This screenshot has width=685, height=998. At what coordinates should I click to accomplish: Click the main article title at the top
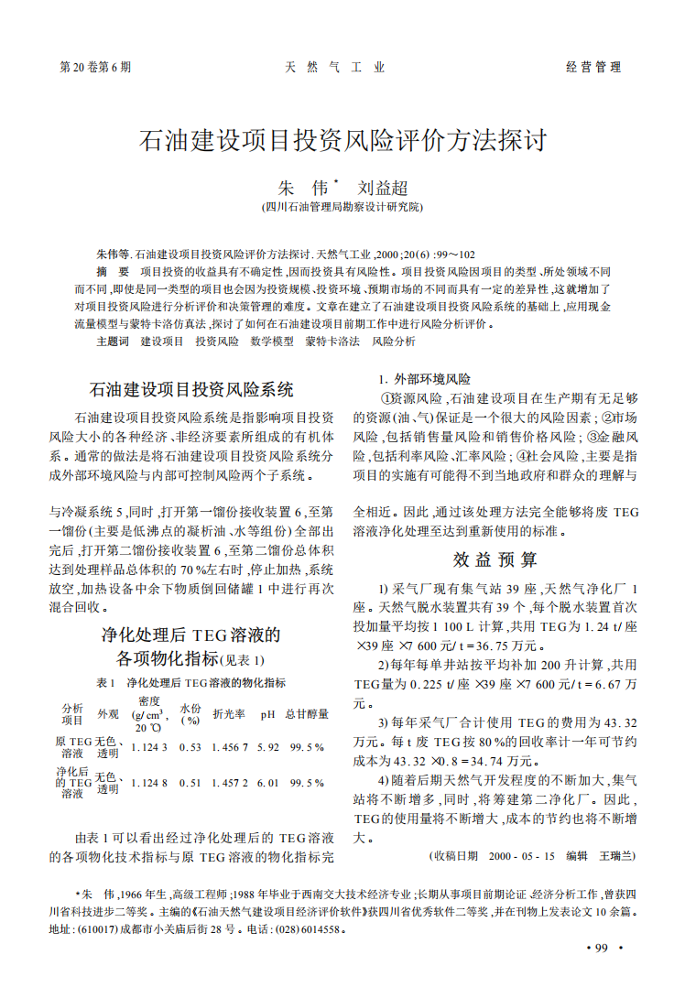coord(342,140)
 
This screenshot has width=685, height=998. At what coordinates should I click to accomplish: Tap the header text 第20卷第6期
coord(95,67)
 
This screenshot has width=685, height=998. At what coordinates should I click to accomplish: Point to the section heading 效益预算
coord(495,559)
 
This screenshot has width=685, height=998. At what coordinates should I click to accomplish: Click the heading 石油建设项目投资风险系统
coord(190,387)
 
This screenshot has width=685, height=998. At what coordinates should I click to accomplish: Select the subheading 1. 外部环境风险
coord(425,378)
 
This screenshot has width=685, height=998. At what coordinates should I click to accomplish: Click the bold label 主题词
coord(112,341)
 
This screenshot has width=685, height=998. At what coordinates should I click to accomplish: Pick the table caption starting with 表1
coord(190,682)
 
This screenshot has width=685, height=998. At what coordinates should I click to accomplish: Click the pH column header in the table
coord(267,714)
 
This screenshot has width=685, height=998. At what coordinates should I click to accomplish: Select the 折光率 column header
coord(227,714)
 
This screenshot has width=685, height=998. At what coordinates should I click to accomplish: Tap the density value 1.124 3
coord(149,747)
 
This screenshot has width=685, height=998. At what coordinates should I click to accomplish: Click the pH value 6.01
coord(267,783)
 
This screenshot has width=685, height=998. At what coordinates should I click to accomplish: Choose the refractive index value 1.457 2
coord(230,783)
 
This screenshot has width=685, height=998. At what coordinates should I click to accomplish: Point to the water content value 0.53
coord(190,747)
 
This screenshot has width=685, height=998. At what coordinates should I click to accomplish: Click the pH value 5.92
coord(267,747)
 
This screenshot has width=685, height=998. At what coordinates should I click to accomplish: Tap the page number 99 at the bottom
coord(602,948)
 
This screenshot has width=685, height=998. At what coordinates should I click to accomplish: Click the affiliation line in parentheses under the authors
coord(342,208)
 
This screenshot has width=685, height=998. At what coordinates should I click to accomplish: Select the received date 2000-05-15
coord(522,856)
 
